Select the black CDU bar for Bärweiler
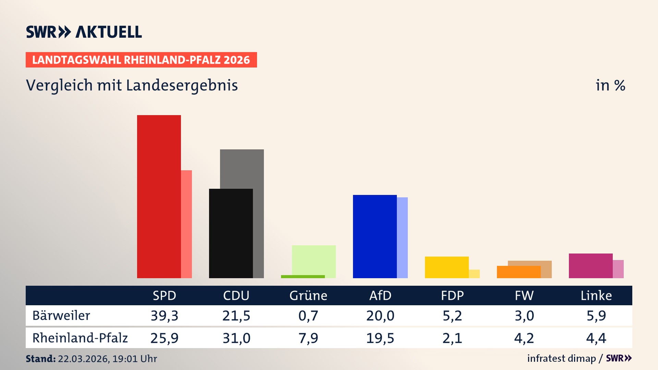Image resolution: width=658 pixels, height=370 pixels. point(231,233)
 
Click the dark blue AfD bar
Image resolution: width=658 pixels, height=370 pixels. point(375,236)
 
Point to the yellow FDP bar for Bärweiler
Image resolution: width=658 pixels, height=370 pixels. point(447,267)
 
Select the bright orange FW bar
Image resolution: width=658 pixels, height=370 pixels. point(519,272)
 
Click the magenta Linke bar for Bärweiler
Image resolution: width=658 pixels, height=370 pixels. point(590,266)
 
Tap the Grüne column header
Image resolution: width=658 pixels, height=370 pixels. point(308,296)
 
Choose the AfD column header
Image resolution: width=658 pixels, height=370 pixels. point(380,296)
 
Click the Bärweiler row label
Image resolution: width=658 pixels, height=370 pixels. point(61,316)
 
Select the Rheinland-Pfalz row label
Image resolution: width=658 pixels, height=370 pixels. point(80,338)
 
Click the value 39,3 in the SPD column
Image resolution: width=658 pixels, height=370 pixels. point(164,316)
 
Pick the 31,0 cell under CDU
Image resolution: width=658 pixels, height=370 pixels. point(236,338)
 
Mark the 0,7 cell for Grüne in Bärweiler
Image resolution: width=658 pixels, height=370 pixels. point(308,316)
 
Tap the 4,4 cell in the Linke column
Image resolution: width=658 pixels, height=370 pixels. point(596,338)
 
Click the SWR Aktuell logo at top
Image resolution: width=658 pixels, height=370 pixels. point(84,32)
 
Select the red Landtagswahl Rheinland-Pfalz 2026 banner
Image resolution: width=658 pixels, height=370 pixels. point(141,60)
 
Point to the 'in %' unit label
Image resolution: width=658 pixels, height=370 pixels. point(610,85)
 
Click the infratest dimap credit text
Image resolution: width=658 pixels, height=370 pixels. point(561,358)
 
